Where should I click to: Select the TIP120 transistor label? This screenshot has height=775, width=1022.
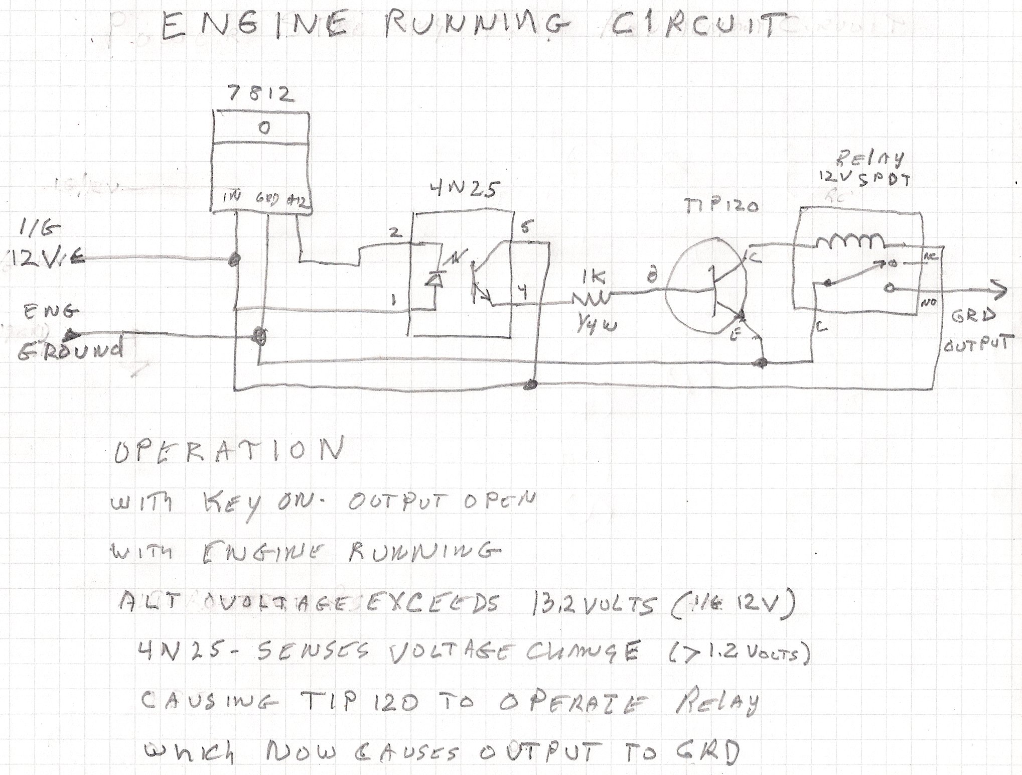[x=721, y=205]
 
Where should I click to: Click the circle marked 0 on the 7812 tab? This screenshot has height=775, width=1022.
[x=264, y=128]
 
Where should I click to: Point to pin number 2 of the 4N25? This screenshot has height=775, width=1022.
[x=396, y=232]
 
